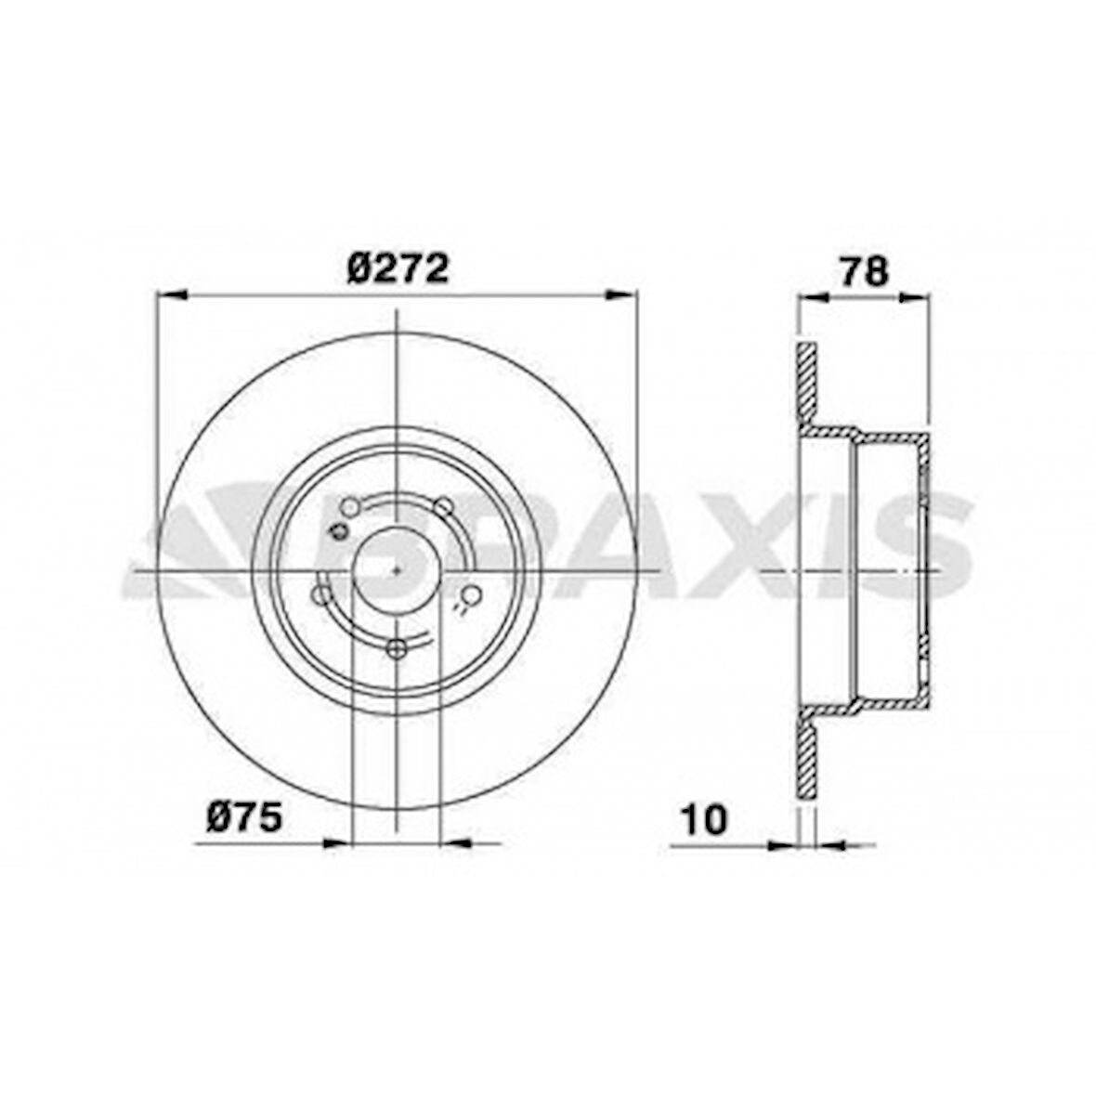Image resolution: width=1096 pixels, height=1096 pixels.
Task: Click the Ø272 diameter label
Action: pyautogui.click(x=398, y=269)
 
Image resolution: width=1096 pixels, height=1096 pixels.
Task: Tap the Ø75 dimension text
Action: pyautogui.click(x=243, y=818)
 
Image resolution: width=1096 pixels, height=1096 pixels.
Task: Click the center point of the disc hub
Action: pyautogui.click(x=397, y=568)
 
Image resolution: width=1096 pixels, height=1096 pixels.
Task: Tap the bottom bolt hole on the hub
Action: pyautogui.click(x=397, y=650)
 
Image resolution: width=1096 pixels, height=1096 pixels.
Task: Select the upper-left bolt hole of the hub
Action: pyautogui.click(x=350, y=506)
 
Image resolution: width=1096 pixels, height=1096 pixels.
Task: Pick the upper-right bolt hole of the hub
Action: pyautogui.click(x=443, y=506)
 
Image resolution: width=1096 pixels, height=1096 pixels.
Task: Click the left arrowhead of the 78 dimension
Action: pyautogui.click(x=814, y=298)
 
